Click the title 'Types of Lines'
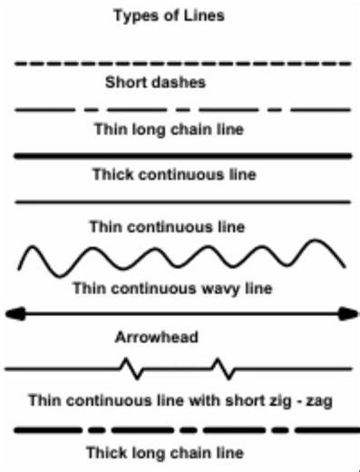click(181, 15)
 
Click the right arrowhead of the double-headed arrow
click(350, 313)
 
